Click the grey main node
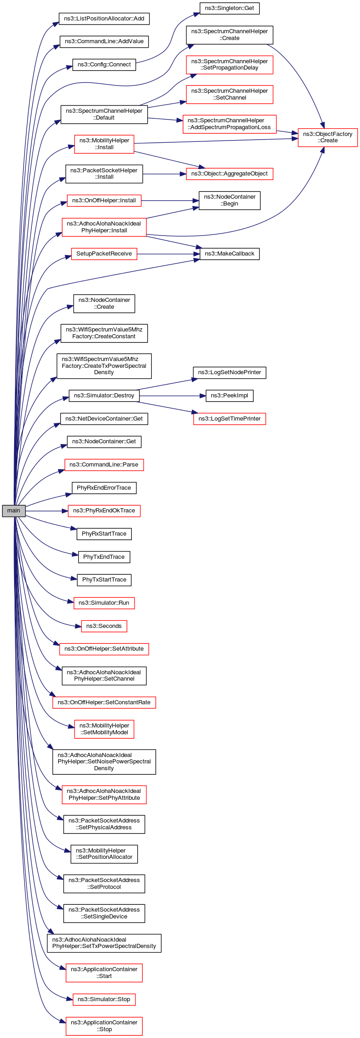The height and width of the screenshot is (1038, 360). point(14,511)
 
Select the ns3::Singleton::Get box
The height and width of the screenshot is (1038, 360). point(230,8)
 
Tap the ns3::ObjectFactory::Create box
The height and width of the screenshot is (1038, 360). point(327,137)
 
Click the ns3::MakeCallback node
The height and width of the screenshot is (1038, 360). point(230,254)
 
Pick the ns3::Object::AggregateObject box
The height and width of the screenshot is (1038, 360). point(230,174)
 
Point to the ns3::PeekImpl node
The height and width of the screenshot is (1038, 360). point(230,396)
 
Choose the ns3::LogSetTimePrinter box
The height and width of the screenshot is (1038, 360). point(230,419)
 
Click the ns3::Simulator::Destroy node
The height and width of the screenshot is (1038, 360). point(104,396)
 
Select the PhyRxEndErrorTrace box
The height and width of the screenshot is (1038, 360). point(104,488)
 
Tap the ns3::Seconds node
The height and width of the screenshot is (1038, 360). point(104,626)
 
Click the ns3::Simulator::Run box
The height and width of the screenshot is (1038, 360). point(104,603)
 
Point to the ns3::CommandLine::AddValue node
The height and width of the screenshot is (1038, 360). point(104,41)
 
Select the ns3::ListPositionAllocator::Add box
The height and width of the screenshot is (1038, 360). point(104,19)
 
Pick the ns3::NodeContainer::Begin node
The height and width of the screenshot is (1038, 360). point(230,200)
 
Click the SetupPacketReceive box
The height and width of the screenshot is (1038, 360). point(104,254)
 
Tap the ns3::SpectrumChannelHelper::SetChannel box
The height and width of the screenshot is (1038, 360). point(230,94)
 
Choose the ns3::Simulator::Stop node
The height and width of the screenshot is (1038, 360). point(104,999)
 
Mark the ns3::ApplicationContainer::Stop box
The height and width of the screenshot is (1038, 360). point(104,1026)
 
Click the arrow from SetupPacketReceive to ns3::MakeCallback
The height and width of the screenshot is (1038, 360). point(168,254)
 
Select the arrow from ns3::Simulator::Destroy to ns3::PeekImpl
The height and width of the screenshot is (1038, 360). point(173,396)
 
